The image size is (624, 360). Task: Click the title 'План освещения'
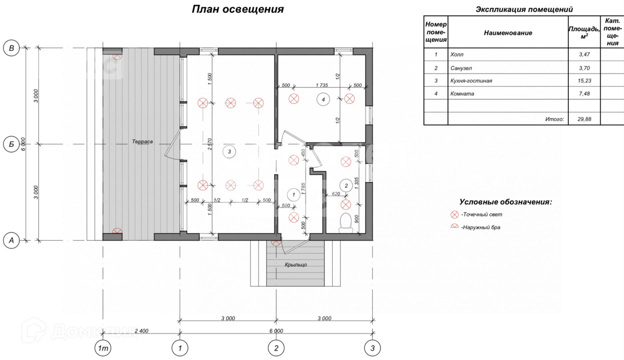click(x=238, y=9)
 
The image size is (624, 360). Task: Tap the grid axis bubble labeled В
click(x=11, y=48)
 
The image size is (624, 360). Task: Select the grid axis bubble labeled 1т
click(x=103, y=348)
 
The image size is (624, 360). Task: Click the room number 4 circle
click(x=323, y=99)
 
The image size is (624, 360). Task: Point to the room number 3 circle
click(x=229, y=152)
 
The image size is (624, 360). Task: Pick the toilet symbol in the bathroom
click(x=346, y=223)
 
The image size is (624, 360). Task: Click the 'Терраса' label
click(x=142, y=142)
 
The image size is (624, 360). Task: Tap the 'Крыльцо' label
click(x=296, y=265)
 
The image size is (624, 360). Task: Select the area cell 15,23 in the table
click(x=584, y=81)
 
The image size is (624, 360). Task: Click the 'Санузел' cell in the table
click(x=461, y=68)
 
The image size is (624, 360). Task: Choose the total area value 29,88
click(x=584, y=119)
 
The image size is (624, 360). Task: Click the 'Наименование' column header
click(x=508, y=33)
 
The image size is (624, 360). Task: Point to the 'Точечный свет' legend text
click(x=482, y=214)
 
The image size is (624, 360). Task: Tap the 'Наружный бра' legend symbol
click(x=454, y=227)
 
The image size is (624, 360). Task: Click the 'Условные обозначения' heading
click(x=505, y=202)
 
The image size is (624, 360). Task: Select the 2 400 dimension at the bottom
click(x=141, y=331)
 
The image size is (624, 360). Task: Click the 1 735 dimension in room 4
click(x=322, y=85)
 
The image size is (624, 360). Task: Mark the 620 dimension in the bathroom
click(x=336, y=194)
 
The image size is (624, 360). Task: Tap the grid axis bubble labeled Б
click(x=11, y=144)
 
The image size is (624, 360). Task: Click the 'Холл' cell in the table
click(x=457, y=54)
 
